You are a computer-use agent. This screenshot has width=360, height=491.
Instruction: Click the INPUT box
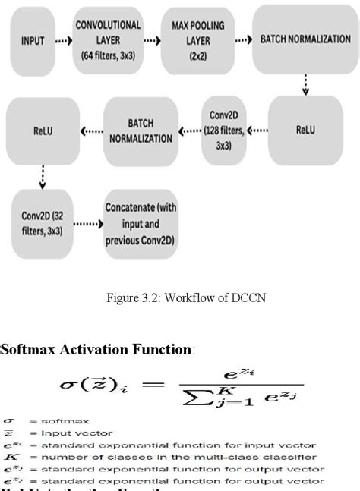[33, 40]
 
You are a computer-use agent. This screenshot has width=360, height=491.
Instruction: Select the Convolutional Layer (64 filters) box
[108, 40]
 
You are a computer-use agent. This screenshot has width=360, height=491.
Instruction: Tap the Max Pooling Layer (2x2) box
[197, 40]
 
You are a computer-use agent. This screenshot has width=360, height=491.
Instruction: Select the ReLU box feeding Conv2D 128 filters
[305, 130]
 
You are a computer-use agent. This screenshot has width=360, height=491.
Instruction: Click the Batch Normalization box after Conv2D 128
[141, 130]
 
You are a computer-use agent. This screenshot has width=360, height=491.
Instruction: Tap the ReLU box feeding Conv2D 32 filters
[43, 130]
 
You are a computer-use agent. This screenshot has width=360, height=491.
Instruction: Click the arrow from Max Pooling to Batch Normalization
[242, 40]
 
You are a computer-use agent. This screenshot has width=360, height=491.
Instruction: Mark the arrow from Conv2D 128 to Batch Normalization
[189, 130]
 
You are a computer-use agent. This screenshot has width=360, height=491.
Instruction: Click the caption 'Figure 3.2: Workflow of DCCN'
[179, 297]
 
